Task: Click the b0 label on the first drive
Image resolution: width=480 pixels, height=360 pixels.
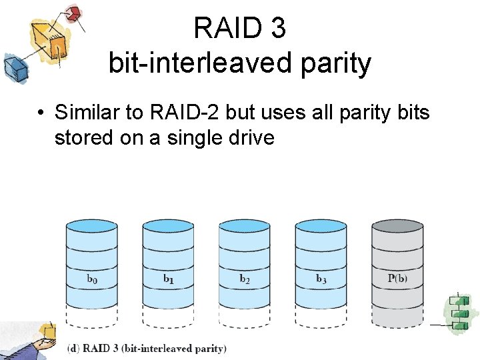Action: (92, 279)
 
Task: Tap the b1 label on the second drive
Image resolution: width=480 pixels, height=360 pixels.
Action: (169, 279)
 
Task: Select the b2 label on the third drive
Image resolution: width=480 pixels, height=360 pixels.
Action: (245, 279)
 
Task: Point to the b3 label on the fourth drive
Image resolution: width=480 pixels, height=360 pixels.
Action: (321, 279)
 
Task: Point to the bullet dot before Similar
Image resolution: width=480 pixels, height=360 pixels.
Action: (41, 113)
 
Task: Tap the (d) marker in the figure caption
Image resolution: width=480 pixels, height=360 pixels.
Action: (75, 348)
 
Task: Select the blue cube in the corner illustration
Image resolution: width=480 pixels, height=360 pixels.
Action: (13, 66)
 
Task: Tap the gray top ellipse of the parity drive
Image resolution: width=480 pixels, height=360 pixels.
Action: (397, 226)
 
